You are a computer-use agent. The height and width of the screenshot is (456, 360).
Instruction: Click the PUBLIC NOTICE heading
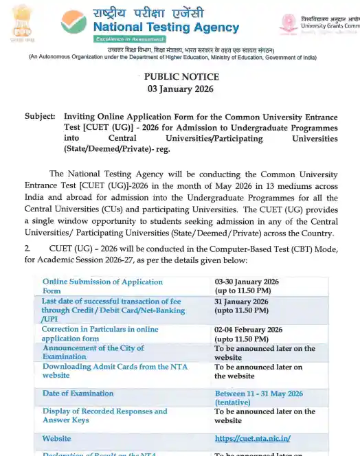(181, 77)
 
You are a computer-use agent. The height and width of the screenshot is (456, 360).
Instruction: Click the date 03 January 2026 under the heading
(181, 89)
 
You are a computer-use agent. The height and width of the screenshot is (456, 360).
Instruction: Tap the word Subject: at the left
(40, 117)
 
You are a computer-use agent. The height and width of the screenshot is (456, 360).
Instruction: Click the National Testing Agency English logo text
(166, 28)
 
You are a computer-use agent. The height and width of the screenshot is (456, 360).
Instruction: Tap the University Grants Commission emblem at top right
(288, 23)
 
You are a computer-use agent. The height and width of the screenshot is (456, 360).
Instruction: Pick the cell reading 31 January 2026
(241, 301)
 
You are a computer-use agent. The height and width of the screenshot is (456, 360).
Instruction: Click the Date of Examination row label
(78, 394)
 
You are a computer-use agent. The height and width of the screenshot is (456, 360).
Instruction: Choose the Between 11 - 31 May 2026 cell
(258, 394)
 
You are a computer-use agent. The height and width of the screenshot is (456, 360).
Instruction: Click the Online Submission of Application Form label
(102, 286)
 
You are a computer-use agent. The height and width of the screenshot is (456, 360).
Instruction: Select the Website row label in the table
(56, 438)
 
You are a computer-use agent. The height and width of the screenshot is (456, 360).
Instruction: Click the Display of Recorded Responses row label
(104, 415)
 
